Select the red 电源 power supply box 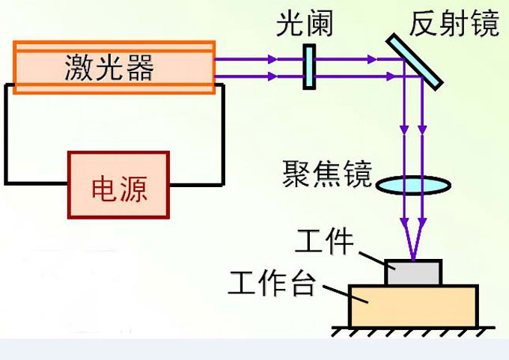tap(118, 185)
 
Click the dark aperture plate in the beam tap(308, 67)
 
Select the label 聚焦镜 tap(327, 174)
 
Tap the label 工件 tap(324, 242)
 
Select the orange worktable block tap(412, 305)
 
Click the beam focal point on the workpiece tap(412, 259)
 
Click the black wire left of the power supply tap(7, 135)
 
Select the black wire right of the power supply tap(222, 135)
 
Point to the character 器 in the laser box tap(140, 67)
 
